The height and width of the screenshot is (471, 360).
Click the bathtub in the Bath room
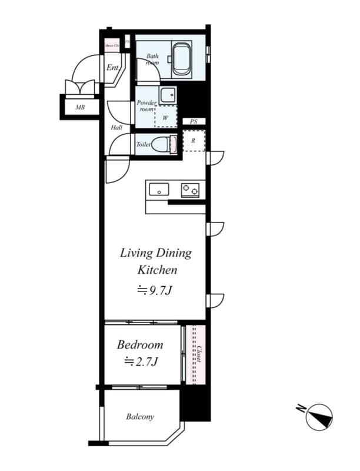pos(182,59)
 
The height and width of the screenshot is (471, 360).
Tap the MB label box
pos(79,108)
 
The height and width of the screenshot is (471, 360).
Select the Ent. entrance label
pos(113,68)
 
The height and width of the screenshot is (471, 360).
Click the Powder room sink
pos(168,95)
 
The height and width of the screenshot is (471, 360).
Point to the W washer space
pos(166,117)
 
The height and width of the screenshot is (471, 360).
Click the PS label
pos(194,122)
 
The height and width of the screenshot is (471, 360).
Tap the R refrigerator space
pos(194,141)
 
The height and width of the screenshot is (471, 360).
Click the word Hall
pos(116,127)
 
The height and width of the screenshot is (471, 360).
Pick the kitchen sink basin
pos(159,190)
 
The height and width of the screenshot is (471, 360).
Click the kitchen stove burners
pos(190,190)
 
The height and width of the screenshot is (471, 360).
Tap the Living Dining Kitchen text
pos(156,261)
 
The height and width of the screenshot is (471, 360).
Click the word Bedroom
pos(139,344)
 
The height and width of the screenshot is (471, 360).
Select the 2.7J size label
pos(141,362)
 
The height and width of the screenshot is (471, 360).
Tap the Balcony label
pos(140,417)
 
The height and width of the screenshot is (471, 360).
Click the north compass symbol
pos(319,416)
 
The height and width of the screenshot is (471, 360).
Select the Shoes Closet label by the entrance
pos(112,45)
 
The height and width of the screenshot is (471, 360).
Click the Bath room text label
pos(152,59)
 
